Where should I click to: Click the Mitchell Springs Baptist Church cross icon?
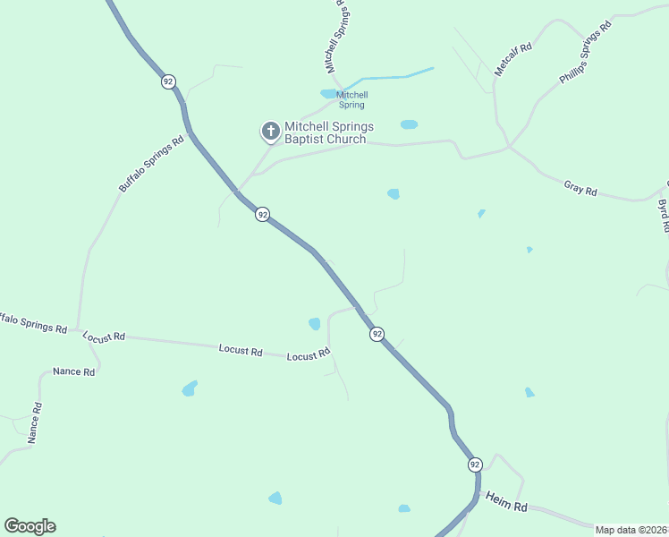[x=269, y=132]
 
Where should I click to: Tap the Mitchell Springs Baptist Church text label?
[x=328, y=132]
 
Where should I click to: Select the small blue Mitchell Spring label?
[x=351, y=100]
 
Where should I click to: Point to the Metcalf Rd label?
[x=513, y=59]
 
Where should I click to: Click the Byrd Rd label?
[x=663, y=216]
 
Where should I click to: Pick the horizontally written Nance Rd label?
[x=73, y=371]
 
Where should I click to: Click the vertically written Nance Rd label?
[x=34, y=422]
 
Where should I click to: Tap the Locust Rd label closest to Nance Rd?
[x=104, y=337]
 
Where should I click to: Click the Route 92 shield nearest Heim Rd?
[x=474, y=465]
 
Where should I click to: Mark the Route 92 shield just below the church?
[x=262, y=215]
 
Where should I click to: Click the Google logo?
[x=30, y=526]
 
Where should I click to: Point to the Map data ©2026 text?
[x=631, y=530]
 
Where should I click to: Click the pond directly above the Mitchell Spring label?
[x=329, y=93]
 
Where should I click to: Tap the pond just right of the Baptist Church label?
[x=409, y=124]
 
